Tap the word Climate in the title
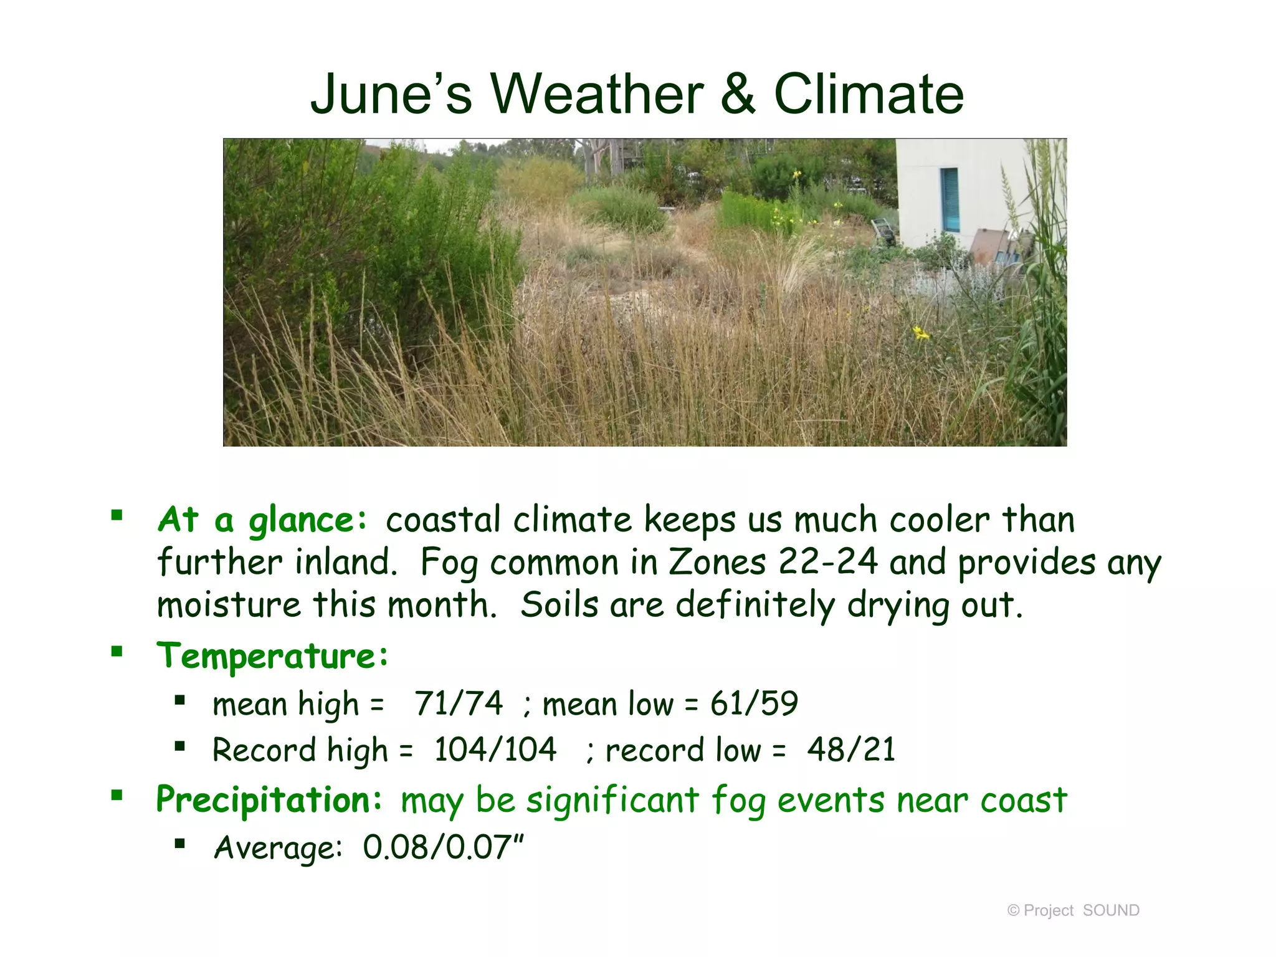click(869, 95)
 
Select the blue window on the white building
click(950, 200)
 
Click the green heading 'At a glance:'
click(262, 520)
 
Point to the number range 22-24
click(828, 562)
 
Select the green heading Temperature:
click(272, 657)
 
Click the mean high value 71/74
click(459, 704)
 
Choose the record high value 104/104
click(495, 750)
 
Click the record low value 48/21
click(851, 750)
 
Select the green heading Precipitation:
click(269, 800)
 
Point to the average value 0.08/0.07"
click(443, 847)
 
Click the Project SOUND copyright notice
click(1073, 910)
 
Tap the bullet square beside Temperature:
click(117, 652)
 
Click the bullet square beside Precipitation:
click(117, 795)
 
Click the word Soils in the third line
click(559, 605)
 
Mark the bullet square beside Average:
click(180, 844)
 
